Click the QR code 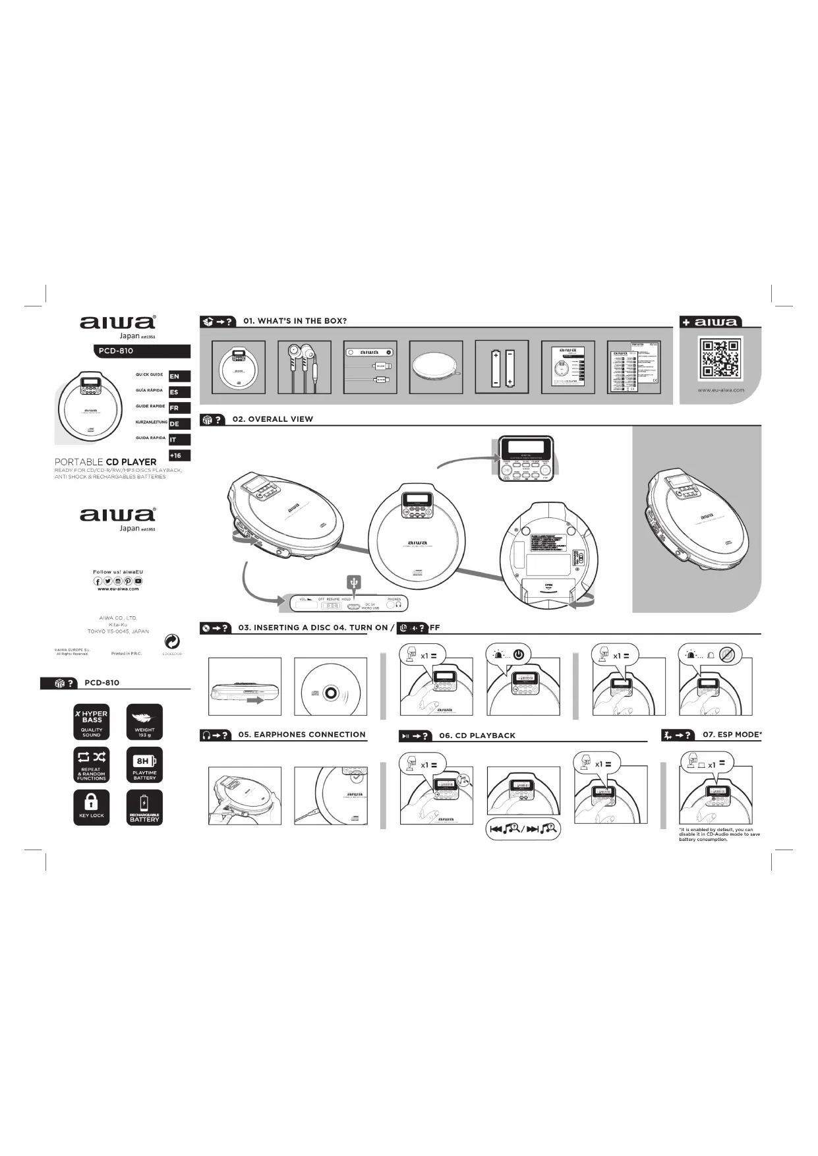720,358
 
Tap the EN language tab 179,376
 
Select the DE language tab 179,424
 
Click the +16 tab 179,455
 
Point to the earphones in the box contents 304,367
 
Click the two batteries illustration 502,367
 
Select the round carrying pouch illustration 436,367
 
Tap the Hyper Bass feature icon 92,722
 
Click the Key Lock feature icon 92,807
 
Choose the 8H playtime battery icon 144,765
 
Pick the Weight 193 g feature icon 144,722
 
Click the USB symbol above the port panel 354,582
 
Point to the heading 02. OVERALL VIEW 272,419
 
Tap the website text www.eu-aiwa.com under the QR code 720,390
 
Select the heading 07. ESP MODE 732,734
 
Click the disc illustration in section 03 330,687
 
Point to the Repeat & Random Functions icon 92,765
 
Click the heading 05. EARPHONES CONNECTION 301,734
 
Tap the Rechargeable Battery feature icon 144,807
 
